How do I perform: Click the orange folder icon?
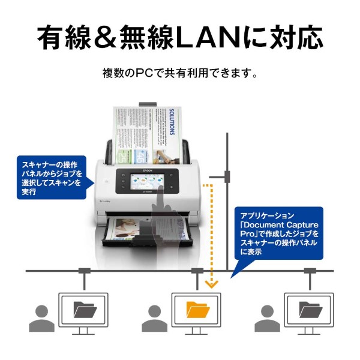(196, 309)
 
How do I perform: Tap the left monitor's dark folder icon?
(84, 309)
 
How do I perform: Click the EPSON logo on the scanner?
(148, 170)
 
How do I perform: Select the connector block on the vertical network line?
(227, 176)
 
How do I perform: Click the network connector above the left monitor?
(84, 271)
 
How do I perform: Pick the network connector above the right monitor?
(310, 271)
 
